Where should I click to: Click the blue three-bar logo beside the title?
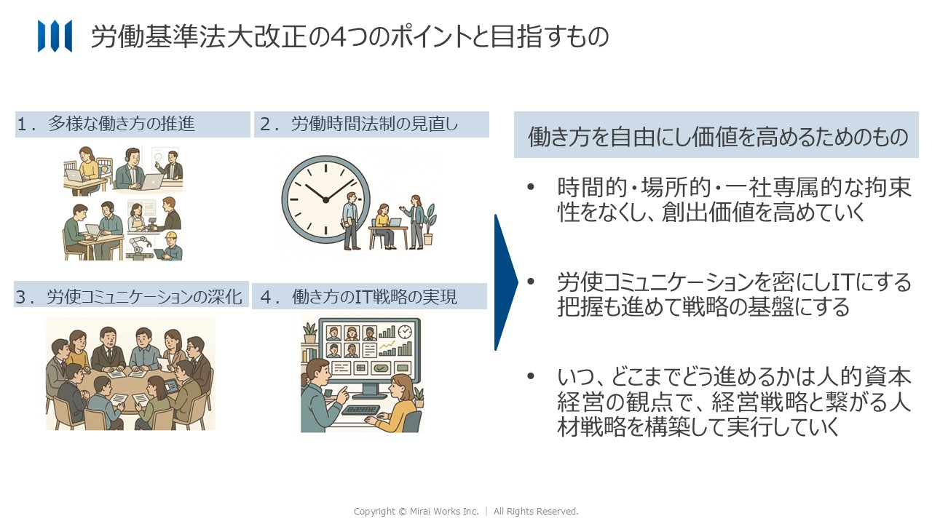[x=55, y=36]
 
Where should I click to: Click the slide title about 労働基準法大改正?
[x=350, y=36]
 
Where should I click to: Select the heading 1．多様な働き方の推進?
[x=106, y=124]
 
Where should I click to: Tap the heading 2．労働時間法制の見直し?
[x=359, y=124]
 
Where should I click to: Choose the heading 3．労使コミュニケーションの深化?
[x=129, y=296]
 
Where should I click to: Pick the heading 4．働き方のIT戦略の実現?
[x=359, y=296]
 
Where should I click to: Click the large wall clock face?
[x=325, y=199]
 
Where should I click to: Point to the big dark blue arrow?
[x=506, y=282]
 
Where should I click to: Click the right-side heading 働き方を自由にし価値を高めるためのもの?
[x=718, y=136]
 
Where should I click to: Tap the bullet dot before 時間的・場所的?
[x=531, y=187]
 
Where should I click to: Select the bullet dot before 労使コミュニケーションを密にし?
[x=531, y=282]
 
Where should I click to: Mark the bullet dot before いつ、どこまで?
[x=531, y=376]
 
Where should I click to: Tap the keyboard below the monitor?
[x=361, y=410]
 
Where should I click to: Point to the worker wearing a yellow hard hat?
[x=170, y=245]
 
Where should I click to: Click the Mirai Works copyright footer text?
[x=466, y=511]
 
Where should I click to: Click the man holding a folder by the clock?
[x=351, y=221]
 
